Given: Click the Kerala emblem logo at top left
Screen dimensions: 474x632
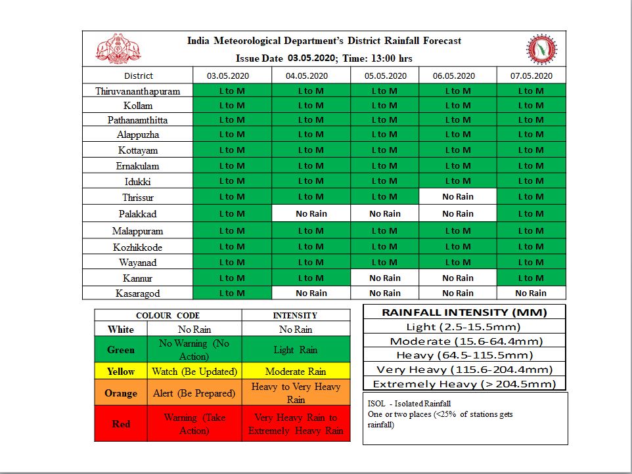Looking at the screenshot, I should pos(119,49).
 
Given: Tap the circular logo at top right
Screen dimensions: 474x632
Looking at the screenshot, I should pos(541,49).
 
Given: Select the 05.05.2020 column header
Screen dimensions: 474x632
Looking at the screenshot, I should pos(384,75).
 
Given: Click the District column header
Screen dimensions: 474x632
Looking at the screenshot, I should pos(138,75).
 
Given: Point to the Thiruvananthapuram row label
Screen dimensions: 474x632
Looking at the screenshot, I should pos(138,91).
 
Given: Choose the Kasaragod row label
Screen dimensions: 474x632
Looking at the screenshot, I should pos(138,293).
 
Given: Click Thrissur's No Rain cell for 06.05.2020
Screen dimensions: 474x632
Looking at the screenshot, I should pos(457,196).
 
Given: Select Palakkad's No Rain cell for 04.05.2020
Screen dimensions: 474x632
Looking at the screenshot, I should pos(311,213).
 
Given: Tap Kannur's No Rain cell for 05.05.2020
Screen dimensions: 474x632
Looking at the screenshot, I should pos(384,278).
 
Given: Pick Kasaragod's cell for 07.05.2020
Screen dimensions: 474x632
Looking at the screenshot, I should pos(530,293).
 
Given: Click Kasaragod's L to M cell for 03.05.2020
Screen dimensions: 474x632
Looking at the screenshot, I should pos(232,293).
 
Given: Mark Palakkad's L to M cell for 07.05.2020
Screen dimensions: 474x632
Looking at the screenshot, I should pos(530,213).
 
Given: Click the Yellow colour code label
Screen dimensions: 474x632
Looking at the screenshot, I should pos(121,372).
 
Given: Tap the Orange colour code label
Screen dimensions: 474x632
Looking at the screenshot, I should pos(121,393).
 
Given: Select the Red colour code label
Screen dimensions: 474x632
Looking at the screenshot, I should pos(121,423).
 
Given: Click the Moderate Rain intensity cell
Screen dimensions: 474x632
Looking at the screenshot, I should pos(296,372).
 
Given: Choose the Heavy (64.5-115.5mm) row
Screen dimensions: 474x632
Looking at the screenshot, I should pos(464,355).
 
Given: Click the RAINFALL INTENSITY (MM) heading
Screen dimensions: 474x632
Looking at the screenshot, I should pos(464,312).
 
